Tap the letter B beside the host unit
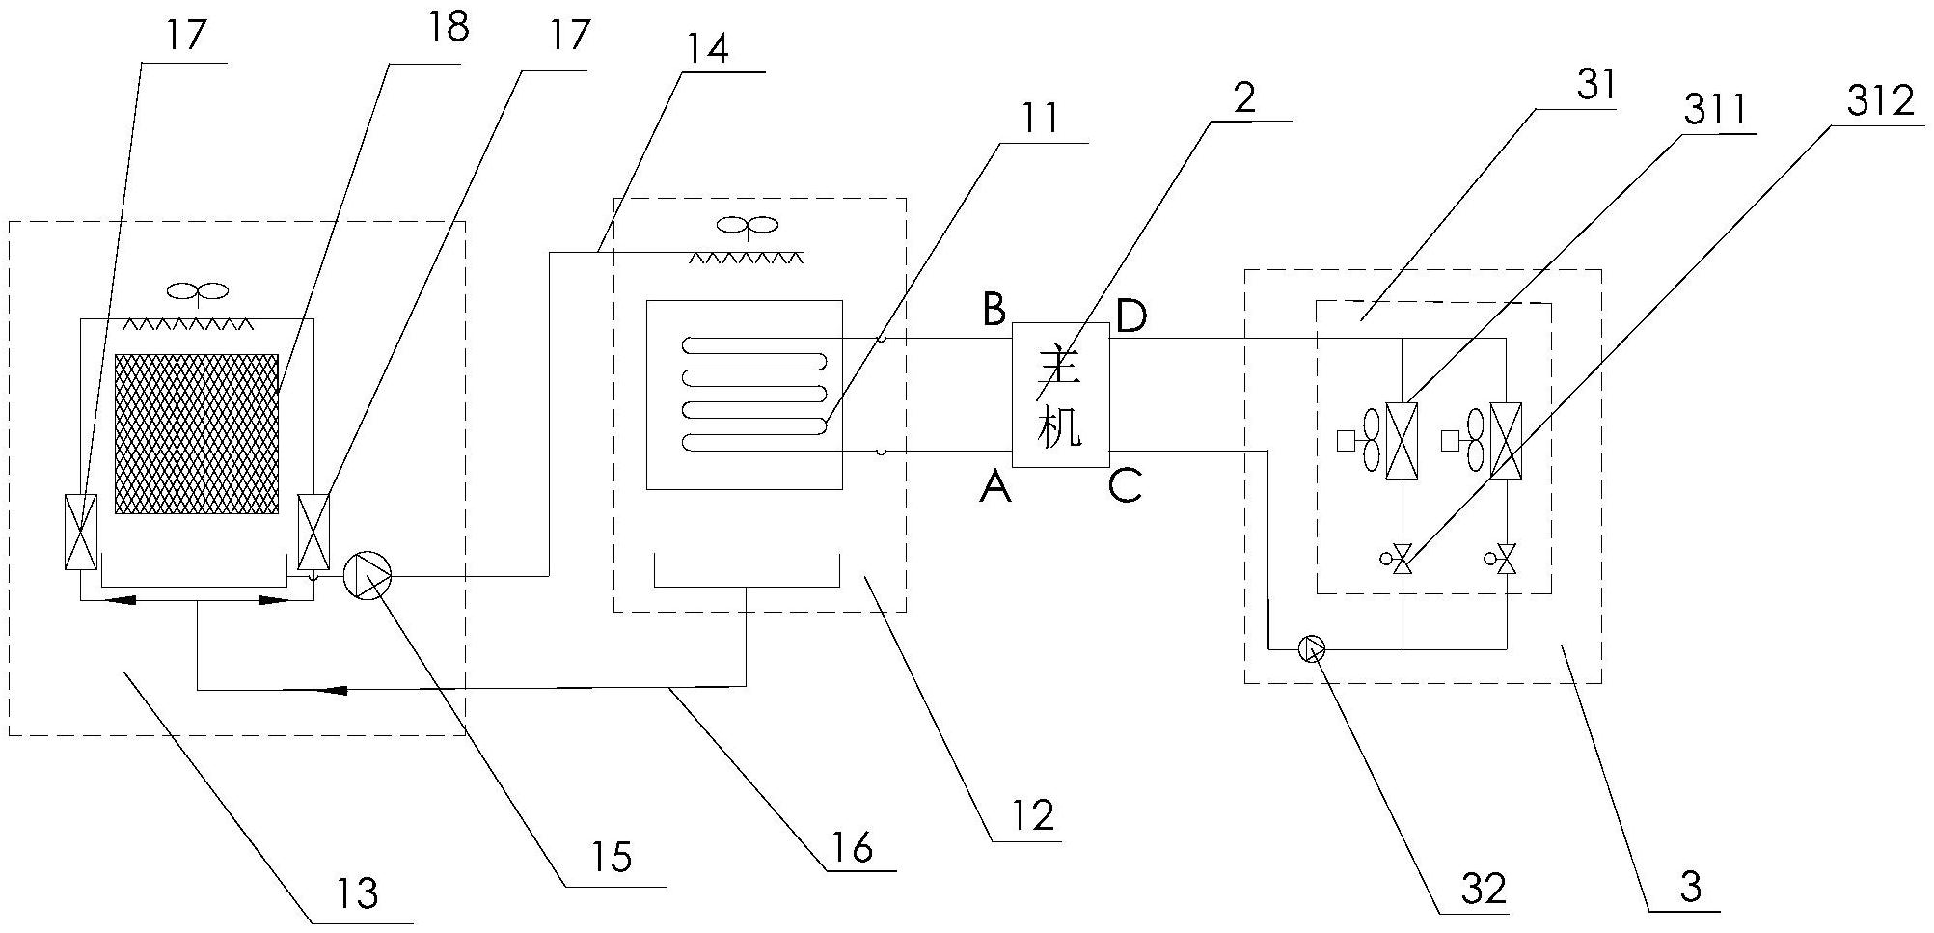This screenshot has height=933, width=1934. [994, 311]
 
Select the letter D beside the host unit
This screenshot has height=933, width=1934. [1130, 316]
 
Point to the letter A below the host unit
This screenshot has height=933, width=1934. [994, 488]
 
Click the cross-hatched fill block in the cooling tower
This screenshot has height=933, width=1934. [197, 433]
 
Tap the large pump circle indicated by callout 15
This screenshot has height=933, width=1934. [368, 576]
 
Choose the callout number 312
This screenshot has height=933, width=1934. [1880, 100]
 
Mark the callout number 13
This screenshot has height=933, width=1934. [357, 893]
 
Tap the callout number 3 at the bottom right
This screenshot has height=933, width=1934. [1690, 887]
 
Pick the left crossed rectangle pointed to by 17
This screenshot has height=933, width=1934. [80, 531]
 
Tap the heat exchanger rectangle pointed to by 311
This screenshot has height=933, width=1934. [1401, 440]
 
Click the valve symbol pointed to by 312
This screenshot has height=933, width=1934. [1403, 559]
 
